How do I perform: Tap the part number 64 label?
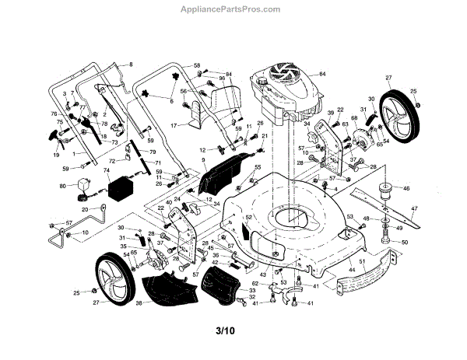click(321, 73)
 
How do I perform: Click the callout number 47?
click(415, 209)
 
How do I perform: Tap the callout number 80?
click(63, 186)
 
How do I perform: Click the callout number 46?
click(406, 188)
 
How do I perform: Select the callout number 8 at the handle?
click(132, 63)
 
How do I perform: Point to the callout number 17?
click(176, 125)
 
